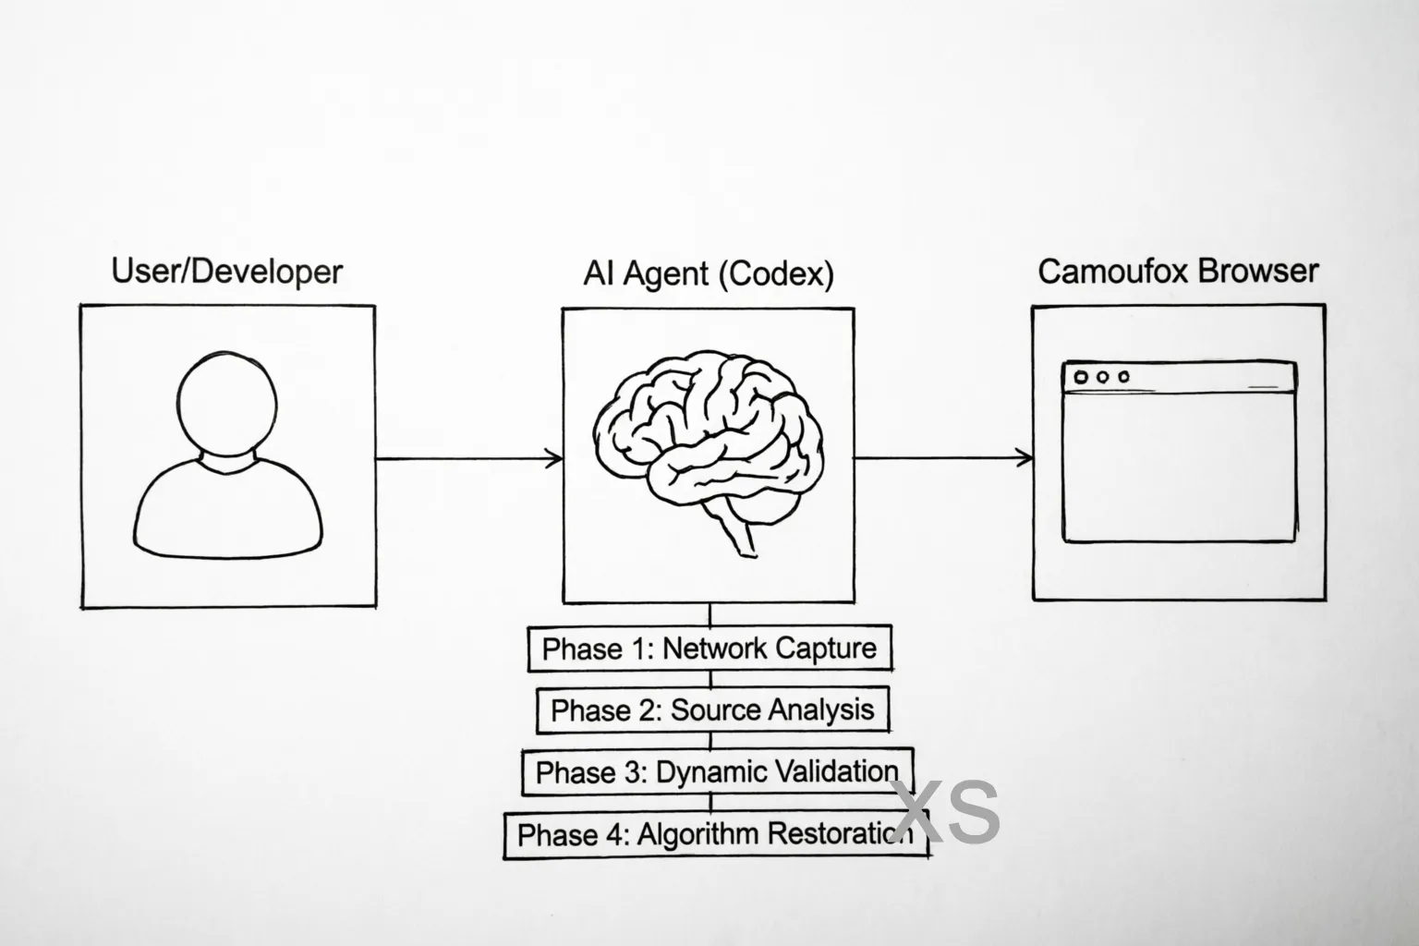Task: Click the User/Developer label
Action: click(226, 272)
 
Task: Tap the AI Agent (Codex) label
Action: click(708, 273)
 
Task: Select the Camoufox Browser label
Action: click(1178, 271)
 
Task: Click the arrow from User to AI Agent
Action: click(468, 458)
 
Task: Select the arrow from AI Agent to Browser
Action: click(942, 457)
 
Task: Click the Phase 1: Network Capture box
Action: click(709, 649)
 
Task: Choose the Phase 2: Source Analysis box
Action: click(711, 709)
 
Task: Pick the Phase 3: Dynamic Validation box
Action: click(717, 771)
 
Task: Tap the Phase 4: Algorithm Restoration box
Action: click(714, 834)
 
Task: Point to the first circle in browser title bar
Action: click(1078, 377)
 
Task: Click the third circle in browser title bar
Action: click(1123, 377)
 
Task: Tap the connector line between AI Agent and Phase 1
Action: click(709, 615)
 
